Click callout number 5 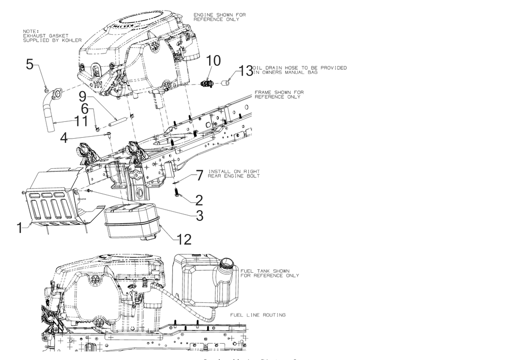tap(30, 64)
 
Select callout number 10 tap(214, 61)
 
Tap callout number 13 tap(246, 70)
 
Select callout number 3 tap(198, 215)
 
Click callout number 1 tap(20, 227)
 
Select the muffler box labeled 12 tap(132, 220)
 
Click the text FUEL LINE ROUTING tap(258, 315)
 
